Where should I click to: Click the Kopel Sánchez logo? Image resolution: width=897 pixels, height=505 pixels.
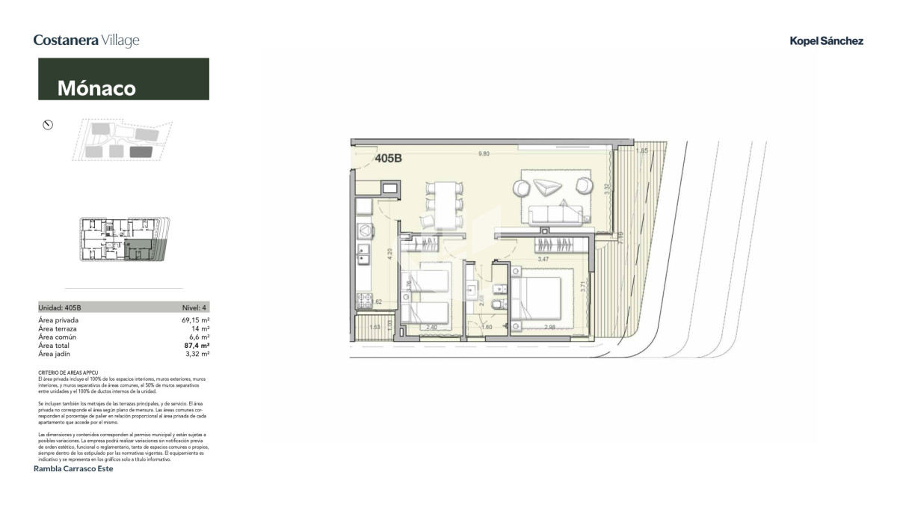click(x=826, y=41)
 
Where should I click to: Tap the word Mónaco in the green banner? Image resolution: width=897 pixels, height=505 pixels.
click(x=96, y=88)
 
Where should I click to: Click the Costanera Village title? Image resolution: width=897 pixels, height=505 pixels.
click(x=87, y=40)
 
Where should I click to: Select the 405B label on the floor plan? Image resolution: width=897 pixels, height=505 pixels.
click(x=389, y=159)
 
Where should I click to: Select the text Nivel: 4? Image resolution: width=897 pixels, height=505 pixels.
click(x=195, y=307)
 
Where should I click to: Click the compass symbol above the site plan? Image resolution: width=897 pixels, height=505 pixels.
click(x=48, y=125)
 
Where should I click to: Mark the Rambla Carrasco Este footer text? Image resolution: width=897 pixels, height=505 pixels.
click(x=74, y=469)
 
